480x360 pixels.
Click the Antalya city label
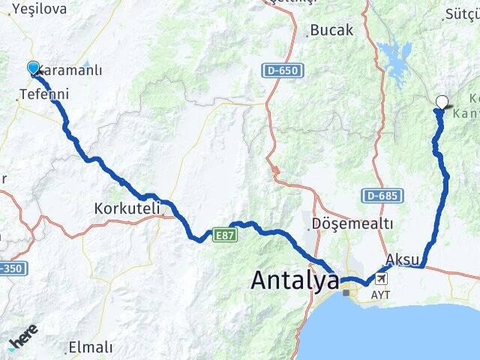point(294,281)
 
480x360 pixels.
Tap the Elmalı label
point(90,347)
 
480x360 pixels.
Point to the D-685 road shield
point(382,196)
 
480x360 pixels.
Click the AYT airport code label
point(381,295)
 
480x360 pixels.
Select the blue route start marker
point(33,68)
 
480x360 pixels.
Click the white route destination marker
point(442,103)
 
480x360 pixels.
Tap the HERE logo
point(24,339)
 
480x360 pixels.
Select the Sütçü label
point(461,13)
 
